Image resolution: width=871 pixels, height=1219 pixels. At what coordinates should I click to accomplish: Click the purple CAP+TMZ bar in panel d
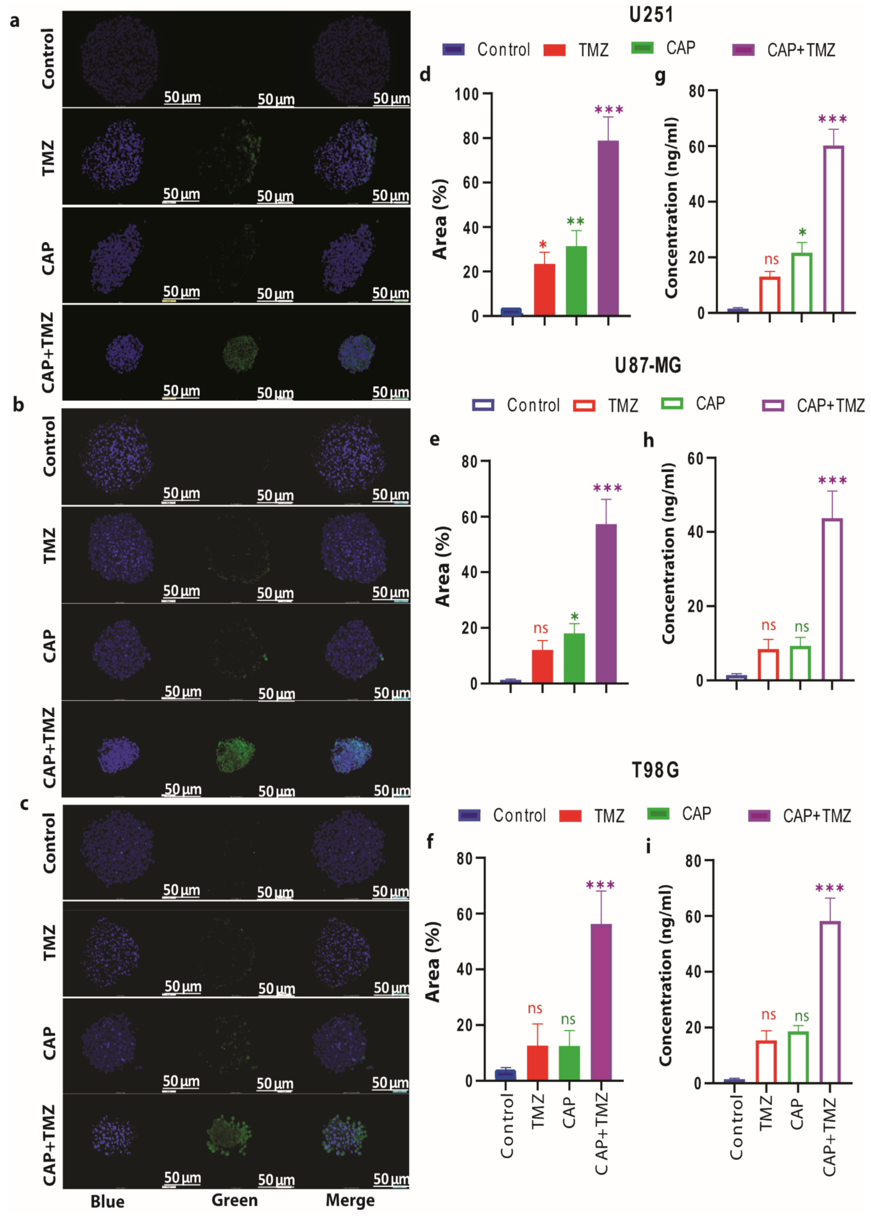608,228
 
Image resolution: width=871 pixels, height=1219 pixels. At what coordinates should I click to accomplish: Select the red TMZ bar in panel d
544,289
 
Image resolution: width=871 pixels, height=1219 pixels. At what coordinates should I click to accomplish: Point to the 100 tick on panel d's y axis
466,94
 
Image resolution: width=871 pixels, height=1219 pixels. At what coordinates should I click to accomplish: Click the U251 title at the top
651,15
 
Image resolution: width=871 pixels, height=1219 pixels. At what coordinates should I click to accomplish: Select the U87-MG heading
648,366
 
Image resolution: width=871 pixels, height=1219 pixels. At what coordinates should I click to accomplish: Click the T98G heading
655,770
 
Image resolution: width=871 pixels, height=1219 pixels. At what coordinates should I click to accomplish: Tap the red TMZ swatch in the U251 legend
554,50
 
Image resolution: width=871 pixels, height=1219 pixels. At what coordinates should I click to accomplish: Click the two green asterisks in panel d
575,221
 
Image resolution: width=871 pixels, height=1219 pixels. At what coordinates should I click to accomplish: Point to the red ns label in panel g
771,259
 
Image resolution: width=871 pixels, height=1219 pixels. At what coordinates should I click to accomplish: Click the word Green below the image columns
234,1200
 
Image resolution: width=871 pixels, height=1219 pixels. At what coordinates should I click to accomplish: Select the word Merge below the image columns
350,1200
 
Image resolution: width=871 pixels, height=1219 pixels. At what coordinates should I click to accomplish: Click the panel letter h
648,440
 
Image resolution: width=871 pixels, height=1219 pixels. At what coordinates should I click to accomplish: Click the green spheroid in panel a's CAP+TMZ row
240,353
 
